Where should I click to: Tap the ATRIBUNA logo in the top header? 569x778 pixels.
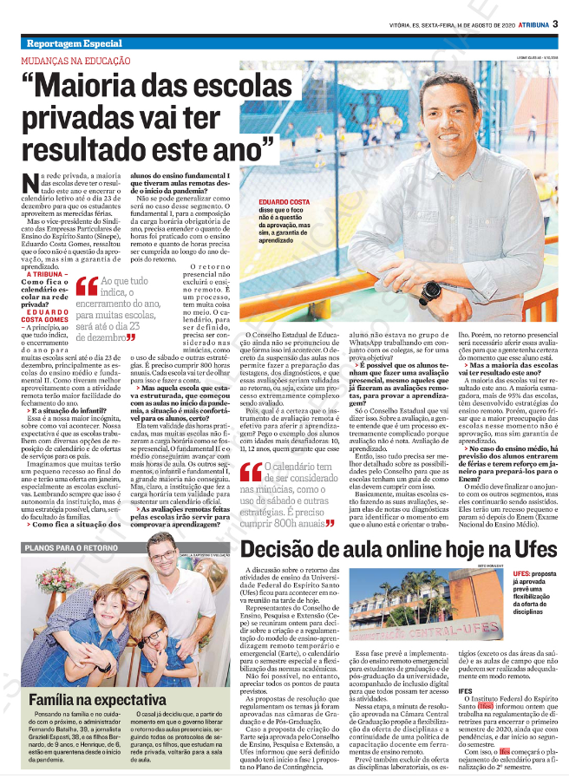[x=526, y=24]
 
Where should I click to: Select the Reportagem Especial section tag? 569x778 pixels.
[x=74, y=43]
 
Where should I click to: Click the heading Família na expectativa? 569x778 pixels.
[x=96, y=699]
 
